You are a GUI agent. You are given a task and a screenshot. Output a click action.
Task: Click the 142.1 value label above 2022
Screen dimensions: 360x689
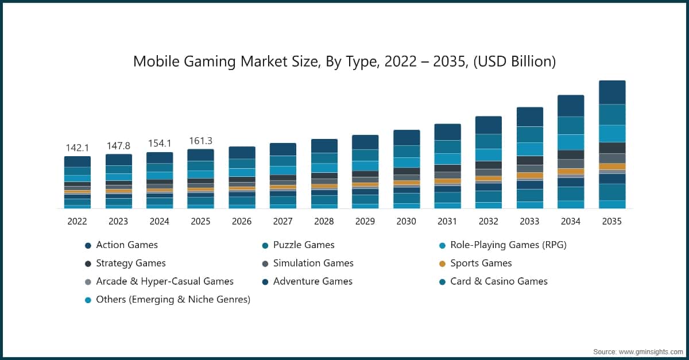coord(78,148)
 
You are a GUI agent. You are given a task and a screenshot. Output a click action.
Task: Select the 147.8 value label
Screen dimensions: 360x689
coord(118,146)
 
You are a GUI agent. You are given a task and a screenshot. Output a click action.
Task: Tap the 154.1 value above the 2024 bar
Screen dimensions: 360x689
coord(160,144)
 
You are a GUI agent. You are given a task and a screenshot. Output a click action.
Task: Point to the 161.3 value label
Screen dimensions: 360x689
coord(200,141)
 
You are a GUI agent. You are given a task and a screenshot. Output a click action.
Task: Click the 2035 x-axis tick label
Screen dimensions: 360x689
coord(612,221)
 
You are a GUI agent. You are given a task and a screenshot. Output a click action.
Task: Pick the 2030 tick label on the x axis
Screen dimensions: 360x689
coord(407,221)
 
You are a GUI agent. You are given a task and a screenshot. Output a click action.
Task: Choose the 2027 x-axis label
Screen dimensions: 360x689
coord(283,221)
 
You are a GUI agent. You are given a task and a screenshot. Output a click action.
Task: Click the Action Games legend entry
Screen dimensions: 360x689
coord(126,245)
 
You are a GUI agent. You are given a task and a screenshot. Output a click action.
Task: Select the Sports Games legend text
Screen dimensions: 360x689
coord(481,263)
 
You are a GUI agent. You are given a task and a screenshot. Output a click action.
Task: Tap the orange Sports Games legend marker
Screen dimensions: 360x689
coord(442,264)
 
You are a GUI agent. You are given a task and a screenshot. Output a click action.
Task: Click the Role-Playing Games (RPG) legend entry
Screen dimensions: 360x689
coord(508,245)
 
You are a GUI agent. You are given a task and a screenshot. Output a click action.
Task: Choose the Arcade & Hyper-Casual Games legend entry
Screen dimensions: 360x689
coord(164,281)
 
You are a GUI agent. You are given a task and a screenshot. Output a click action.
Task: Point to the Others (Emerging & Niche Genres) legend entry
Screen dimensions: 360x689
coord(173,299)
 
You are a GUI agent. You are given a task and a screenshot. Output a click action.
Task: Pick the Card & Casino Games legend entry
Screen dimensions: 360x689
coord(498,281)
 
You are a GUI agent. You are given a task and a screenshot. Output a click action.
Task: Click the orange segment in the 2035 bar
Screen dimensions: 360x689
coord(612,167)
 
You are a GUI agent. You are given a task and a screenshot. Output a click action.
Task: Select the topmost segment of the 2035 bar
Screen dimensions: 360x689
coord(612,92)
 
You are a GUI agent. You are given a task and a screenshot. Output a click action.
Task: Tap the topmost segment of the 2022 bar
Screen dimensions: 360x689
coord(78,161)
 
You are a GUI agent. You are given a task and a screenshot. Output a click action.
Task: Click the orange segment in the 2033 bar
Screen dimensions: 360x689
coord(530,175)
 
